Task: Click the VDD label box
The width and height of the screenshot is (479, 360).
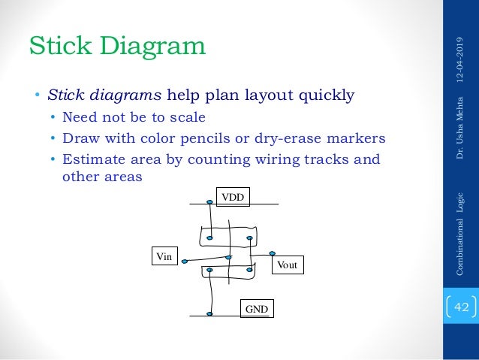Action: coord(233,197)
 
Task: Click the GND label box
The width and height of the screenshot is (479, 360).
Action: coord(257,308)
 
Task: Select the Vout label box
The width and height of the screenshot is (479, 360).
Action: coord(288,265)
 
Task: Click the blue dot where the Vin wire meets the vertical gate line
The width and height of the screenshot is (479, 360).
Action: coord(229,258)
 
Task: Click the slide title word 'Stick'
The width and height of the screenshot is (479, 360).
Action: coord(59,47)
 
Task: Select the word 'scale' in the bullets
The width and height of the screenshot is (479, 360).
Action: coord(187,118)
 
